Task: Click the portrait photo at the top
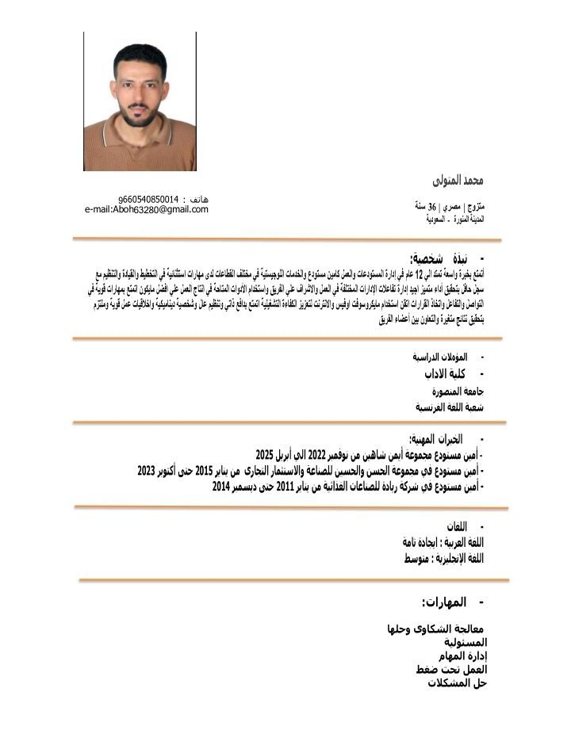140,101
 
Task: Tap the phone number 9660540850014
148,198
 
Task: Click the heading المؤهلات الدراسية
434,357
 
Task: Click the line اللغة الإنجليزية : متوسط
443,559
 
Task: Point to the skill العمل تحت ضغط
450,670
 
